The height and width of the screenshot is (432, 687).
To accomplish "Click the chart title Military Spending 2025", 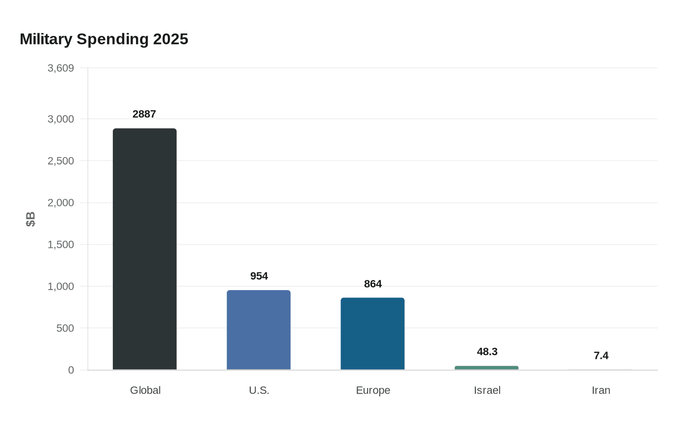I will click(104, 39).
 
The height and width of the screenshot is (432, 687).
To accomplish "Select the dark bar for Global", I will click(144, 249).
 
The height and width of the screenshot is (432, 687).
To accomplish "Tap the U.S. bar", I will click(259, 330).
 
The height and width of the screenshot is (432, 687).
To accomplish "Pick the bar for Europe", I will click(372, 334).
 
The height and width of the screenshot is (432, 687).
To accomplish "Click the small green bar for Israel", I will click(486, 368).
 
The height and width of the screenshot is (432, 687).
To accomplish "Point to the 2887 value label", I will click(144, 114).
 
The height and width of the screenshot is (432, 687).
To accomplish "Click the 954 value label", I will click(259, 276).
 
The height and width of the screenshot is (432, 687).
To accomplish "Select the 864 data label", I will click(373, 284).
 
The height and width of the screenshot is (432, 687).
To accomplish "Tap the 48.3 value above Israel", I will click(487, 351).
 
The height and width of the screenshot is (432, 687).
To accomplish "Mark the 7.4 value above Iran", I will click(601, 355).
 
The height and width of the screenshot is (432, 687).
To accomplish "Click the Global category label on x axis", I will click(145, 390).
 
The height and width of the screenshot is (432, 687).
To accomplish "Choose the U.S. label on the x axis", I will click(259, 390).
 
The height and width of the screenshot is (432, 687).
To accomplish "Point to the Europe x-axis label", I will click(373, 390).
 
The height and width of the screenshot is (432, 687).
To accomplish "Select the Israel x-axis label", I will click(487, 390).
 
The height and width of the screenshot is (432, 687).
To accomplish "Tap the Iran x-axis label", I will click(601, 390).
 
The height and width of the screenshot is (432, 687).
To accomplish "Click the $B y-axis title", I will click(30, 219).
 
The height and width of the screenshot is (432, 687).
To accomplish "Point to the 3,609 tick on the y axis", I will click(61, 68).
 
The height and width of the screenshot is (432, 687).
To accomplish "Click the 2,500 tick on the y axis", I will click(61, 161).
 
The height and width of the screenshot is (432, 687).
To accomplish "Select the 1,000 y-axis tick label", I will click(61, 287).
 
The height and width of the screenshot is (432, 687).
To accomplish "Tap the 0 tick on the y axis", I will click(71, 370).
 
